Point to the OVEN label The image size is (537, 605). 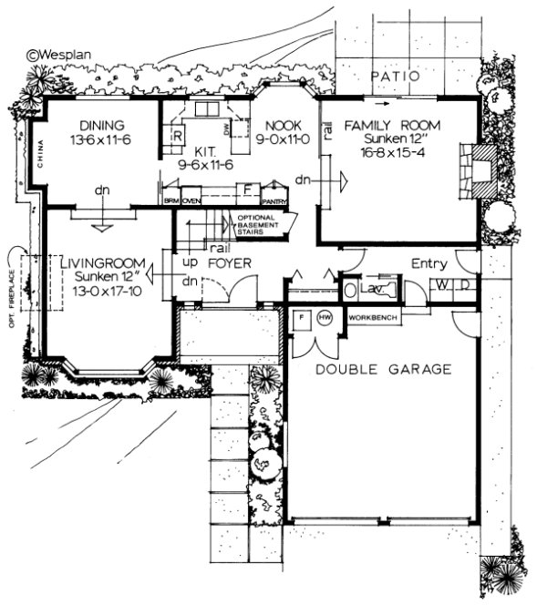(x=191, y=201)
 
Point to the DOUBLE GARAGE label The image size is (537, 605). (x=383, y=369)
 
